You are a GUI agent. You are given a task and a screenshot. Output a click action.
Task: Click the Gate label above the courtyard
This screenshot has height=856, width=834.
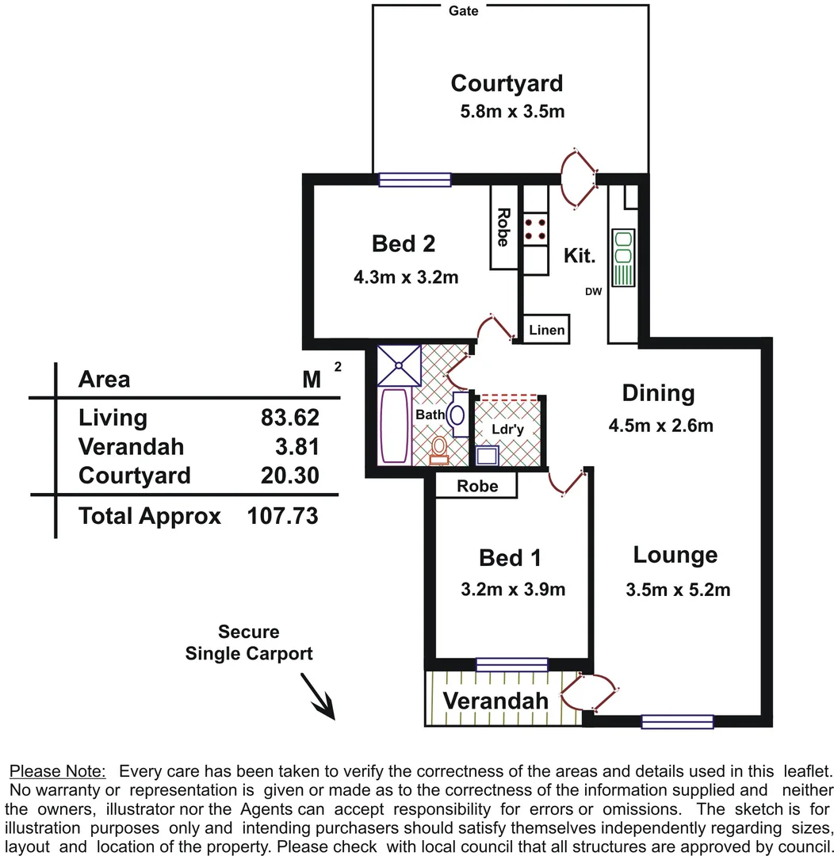(464, 11)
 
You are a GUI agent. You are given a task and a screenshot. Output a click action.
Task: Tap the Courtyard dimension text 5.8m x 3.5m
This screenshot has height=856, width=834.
(512, 111)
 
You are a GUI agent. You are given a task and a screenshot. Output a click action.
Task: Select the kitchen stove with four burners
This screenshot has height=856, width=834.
(536, 229)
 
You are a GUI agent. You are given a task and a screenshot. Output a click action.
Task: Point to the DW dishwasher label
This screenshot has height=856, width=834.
(594, 291)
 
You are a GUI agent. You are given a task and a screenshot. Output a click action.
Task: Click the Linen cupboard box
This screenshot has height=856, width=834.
(547, 329)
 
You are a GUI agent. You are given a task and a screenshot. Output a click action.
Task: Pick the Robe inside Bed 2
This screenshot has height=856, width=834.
(503, 227)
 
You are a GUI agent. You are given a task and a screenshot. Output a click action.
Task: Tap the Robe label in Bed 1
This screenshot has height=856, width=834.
(477, 486)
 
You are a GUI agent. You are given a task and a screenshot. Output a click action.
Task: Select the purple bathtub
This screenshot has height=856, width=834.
(393, 425)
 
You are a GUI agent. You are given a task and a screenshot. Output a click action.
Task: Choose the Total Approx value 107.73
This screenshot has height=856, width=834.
(282, 517)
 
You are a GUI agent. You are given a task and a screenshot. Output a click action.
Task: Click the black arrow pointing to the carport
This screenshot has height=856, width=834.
(319, 697)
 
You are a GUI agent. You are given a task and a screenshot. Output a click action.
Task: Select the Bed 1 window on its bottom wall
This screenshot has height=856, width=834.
(511, 664)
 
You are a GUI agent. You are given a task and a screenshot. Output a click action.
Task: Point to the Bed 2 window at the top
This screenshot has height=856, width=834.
(415, 180)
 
